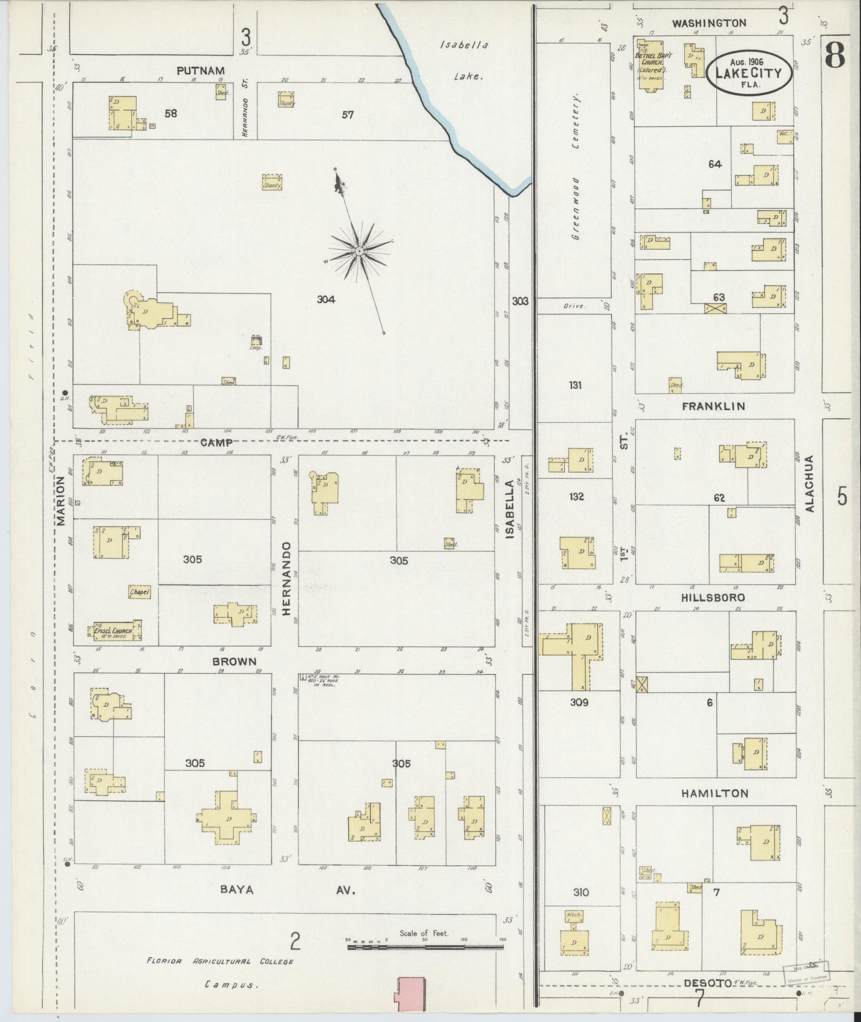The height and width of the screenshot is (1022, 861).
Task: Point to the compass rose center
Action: point(359,252)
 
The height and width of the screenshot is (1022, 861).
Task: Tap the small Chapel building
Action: point(139,591)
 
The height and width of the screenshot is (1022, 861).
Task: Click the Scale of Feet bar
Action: point(427,941)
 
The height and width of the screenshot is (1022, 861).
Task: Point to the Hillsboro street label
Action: point(713,597)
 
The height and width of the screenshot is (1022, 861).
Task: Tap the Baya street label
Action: point(237,890)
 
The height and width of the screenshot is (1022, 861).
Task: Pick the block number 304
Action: point(325,299)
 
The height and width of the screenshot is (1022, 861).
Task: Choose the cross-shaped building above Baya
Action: point(226,817)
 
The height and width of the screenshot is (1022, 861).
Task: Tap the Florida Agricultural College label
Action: point(220,961)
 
